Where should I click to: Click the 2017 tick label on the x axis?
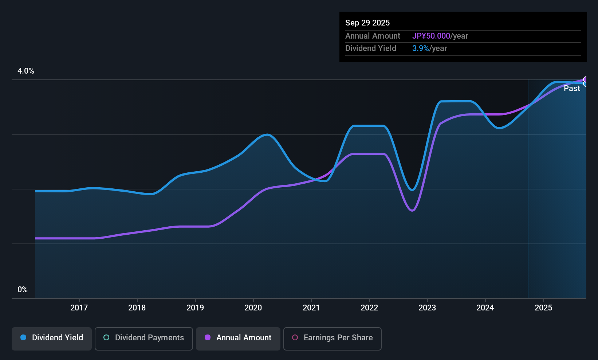pos(79,308)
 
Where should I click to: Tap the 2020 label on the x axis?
pos(253,308)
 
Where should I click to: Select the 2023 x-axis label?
pos(427,308)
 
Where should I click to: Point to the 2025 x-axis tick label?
pos(543,308)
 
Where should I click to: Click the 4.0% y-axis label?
pos(26,71)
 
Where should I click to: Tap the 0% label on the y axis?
pos(23,290)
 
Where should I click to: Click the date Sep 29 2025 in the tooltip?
pos(367,23)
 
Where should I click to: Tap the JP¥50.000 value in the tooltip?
pos(431,36)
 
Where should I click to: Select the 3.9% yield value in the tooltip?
pos(421,48)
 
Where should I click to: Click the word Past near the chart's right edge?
pos(572,89)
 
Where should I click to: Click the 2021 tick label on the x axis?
pos(311,308)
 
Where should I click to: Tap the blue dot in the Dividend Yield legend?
pos(23,337)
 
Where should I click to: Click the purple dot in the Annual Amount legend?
pos(208,337)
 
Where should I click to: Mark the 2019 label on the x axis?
pos(195,308)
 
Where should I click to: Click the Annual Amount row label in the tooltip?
pos(373,36)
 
